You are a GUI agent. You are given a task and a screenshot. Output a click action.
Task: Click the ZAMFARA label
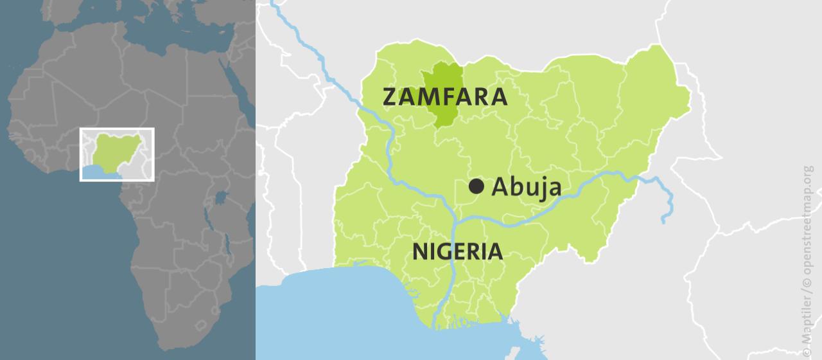click(x=445, y=97)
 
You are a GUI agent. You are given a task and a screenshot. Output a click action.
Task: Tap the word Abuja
click(x=527, y=187)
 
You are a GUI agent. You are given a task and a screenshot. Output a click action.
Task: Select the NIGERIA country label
click(x=457, y=251)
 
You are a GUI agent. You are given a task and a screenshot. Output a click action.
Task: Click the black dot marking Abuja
click(x=476, y=186)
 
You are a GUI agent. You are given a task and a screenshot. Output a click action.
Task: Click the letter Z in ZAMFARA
click(x=390, y=97)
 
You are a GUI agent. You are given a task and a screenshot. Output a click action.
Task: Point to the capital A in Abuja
click(x=501, y=187)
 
